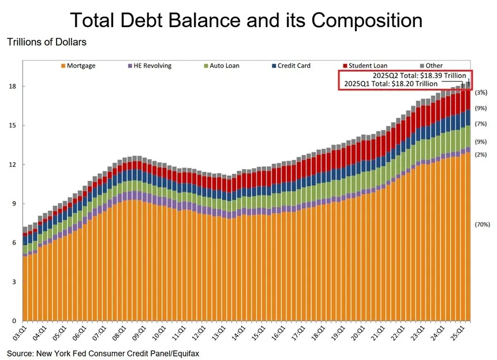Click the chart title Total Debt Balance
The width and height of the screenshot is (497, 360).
246,20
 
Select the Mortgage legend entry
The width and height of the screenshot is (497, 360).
81,66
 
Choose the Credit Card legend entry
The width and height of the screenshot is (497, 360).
294,66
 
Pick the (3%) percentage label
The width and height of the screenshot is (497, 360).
481,92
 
